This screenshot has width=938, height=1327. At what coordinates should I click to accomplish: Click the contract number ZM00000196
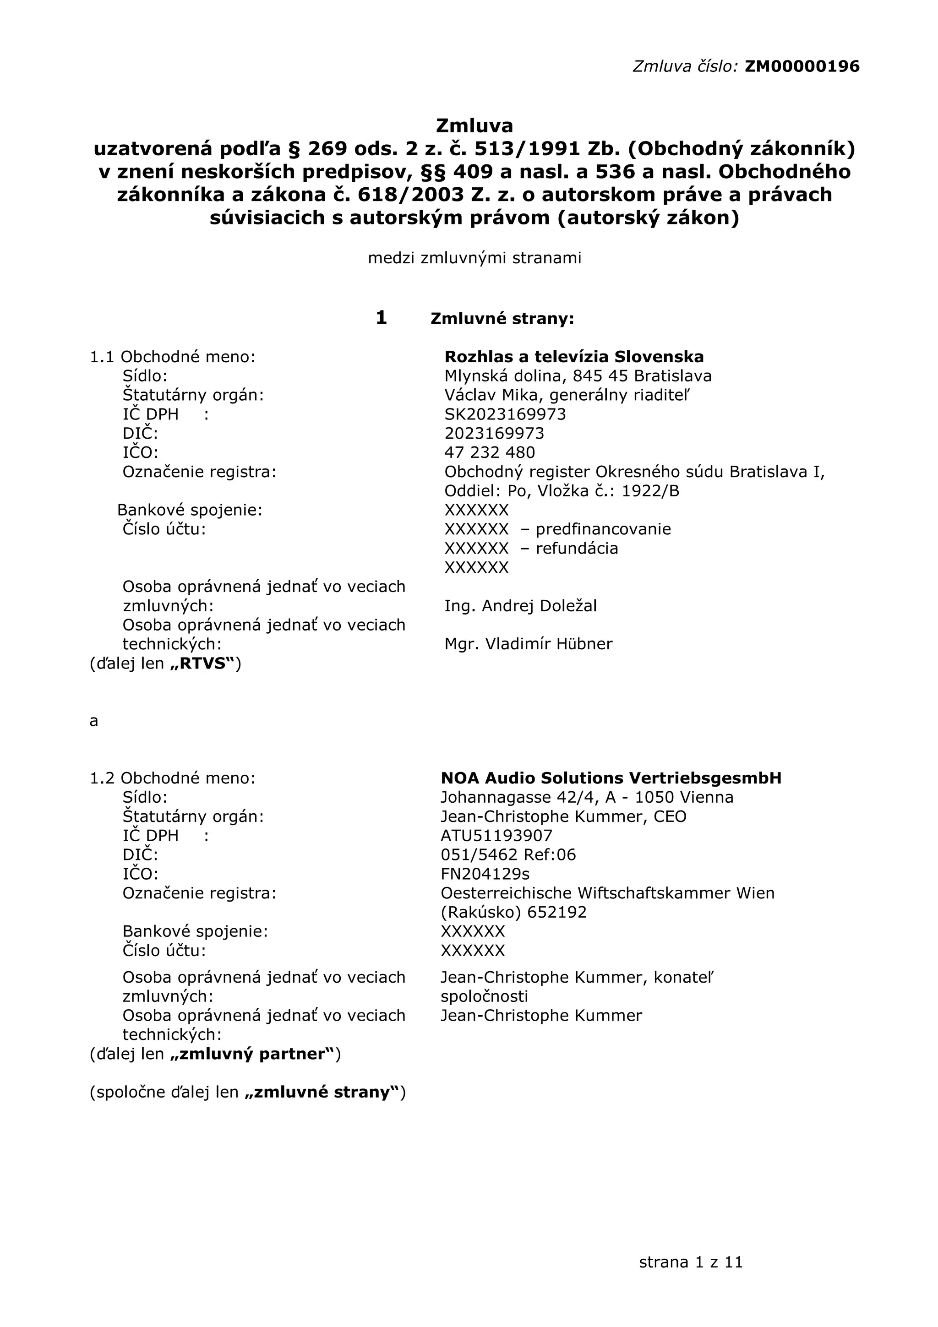pyautogui.click(x=802, y=66)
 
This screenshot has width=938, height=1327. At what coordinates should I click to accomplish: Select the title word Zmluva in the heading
pyautogui.click(x=474, y=125)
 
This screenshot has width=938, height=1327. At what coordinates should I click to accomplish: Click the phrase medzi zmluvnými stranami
pyautogui.click(x=474, y=258)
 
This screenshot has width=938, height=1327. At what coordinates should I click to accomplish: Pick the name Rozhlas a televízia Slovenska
pyautogui.click(x=573, y=357)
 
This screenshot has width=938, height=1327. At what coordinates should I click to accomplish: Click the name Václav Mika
pyautogui.click(x=493, y=395)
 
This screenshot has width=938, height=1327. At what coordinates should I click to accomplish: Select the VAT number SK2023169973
pyautogui.click(x=505, y=414)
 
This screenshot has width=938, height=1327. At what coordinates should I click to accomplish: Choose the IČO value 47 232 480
pyautogui.click(x=490, y=452)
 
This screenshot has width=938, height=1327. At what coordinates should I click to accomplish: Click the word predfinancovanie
pyautogui.click(x=603, y=529)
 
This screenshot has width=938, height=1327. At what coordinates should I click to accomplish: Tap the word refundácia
pyautogui.click(x=576, y=549)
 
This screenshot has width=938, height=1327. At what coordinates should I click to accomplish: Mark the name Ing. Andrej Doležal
pyautogui.click(x=520, y=606)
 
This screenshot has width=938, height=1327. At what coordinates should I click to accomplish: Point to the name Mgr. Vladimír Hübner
pyautogui.click(x=528, y=644)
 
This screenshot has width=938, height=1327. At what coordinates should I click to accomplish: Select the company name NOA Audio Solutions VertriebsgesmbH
pyautogui.click(x=611, y=778)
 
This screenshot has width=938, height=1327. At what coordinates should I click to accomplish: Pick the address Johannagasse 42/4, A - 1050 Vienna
pyautogui.click(x=587, y=798)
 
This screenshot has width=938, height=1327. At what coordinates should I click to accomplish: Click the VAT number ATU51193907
pyautogui.click(x=496, y=836)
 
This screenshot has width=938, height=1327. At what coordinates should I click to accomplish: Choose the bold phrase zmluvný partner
pyautogui.click(x=252, y=1054)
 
